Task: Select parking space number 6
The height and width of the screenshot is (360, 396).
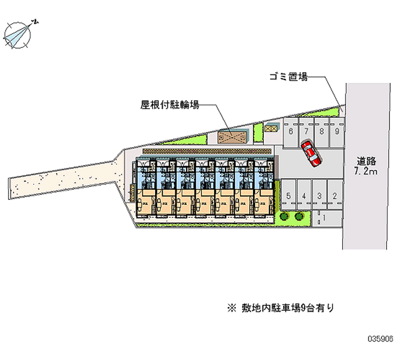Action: pyautogui.click(x=291, y=131)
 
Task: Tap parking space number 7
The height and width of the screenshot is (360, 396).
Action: pyautogui.click(x=306, y=131)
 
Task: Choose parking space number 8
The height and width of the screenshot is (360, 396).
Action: pyautogui.click(x=322, y=131)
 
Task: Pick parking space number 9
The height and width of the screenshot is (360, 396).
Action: pyautogui.click(x=337, y=131)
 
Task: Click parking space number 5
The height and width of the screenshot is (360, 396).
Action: pyautogui.click(x=289, y=196)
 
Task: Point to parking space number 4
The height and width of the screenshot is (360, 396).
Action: pyautogui.click(x=304, y=196)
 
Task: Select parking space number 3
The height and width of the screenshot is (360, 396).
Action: pyautogui.click(x=320, y=196)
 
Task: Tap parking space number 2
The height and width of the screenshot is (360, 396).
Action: pyautogui.click(x=335, y=196)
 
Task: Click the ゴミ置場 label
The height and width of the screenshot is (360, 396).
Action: pyautogui.click(x=289, y=77)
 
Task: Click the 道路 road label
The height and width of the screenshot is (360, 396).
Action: pyautogui.click(x=367, y=161)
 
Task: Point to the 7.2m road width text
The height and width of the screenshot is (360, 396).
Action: pyautogui.click(x=367, y=172)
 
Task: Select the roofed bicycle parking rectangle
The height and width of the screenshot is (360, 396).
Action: pyautogui.click(x=234, y=135)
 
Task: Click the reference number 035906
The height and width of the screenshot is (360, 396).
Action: pyautogui.click(x=380, y=340)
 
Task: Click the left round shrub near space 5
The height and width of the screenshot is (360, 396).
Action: pyautogui.click(x=284, y=216)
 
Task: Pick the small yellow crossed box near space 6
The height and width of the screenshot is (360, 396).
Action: pyautogui.click(x=270, y=128)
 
